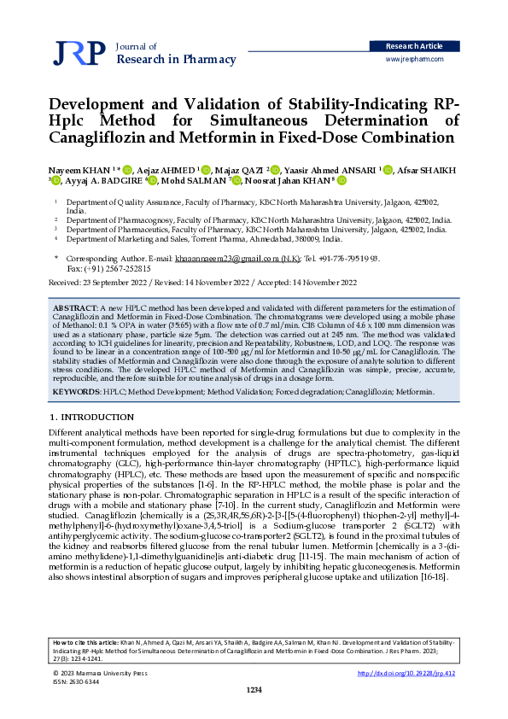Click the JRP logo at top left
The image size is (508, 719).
click(79, 53)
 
